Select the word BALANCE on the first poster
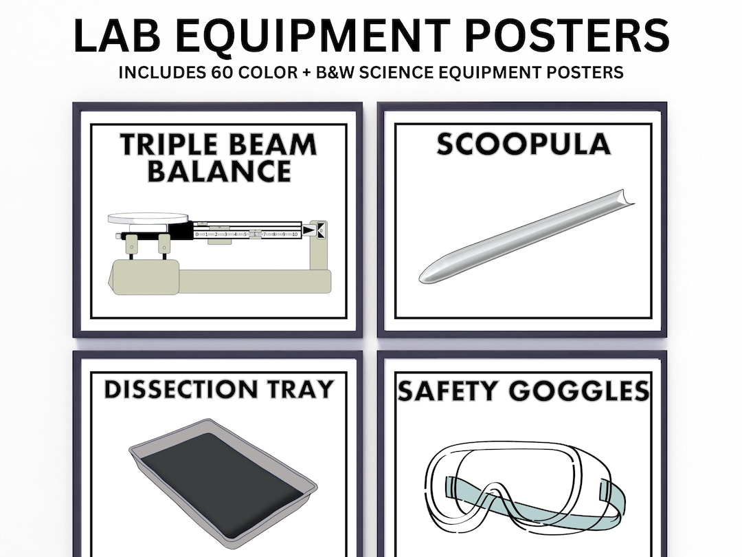pyautogui.click(x=219, y=171)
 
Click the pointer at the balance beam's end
pyautogui.click(x=317, y=230)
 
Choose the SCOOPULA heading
pyautogui.click(x=524, y=145)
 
